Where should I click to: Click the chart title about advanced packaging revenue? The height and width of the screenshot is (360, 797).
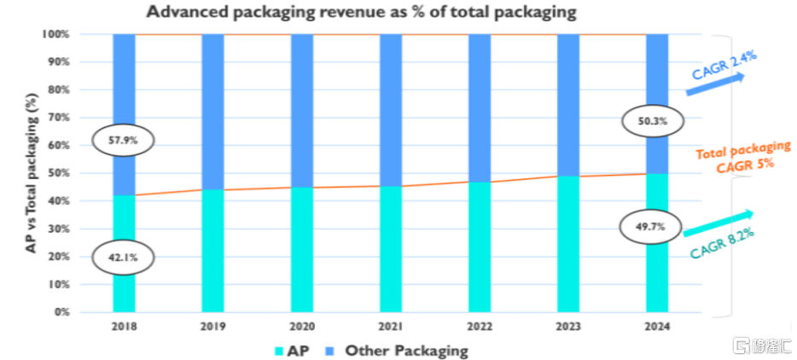(362, 12)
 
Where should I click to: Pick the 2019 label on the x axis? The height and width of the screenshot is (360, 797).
(212, 326)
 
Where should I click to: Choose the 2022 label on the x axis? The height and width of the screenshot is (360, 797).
(480, 326)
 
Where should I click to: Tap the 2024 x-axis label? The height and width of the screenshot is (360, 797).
(657, 326)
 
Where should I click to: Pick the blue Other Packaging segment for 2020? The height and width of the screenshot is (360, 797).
(301, 110)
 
